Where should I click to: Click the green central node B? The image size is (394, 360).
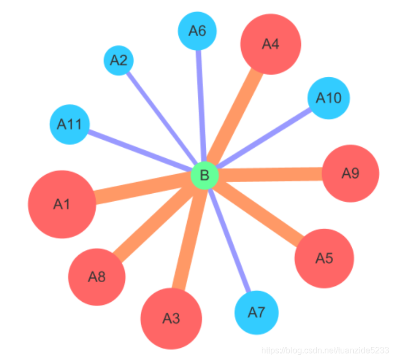[205, 175]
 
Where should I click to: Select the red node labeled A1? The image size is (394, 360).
[62, 204]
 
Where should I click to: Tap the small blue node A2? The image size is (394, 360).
[118, 60]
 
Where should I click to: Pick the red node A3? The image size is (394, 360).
[171, 318]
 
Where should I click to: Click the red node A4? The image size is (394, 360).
[270, 44]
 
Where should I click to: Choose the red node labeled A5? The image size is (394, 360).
[324, 258]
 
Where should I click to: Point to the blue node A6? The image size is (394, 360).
[197, 31]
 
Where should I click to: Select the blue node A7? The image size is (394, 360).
[256, 312]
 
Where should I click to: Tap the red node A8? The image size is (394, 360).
[97, 276]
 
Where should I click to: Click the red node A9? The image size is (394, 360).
[350, 173]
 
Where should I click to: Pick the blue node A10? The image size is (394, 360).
[328, 98]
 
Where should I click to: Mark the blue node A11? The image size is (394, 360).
[69, 124]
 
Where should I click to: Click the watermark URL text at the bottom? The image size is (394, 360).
[325, 351]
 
